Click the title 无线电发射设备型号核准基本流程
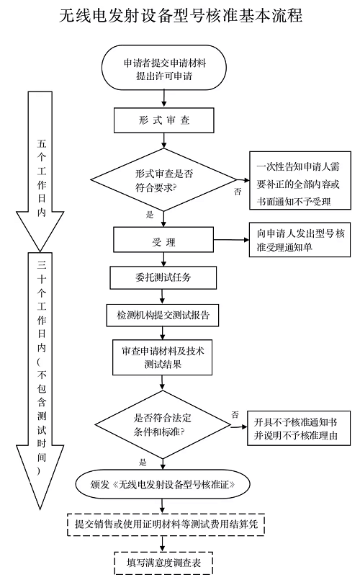180,15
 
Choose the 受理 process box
164,241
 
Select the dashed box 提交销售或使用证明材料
167,525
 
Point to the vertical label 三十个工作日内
41,367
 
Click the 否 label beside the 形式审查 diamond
237,192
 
